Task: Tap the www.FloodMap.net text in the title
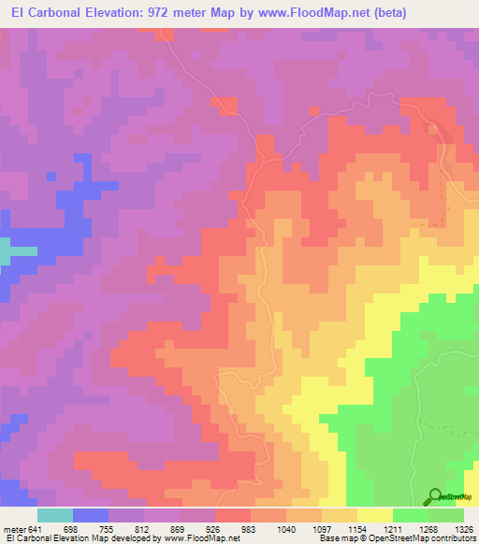[x=311, y=12]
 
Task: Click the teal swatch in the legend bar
[x=55, y=515]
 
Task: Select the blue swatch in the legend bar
[x=91, y=515]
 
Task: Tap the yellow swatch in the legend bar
[x=375, y=515]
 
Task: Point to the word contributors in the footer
[x=452, y=539]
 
